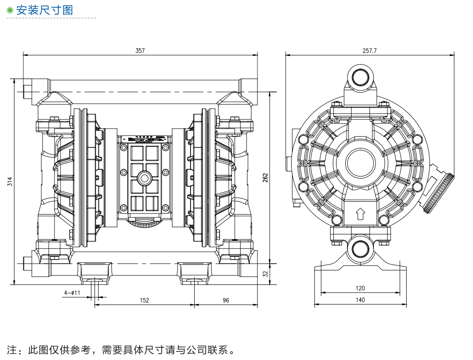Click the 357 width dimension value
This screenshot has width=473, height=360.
pyautogui.click(x=140, y=50)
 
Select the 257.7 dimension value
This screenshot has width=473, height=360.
pyautogui.click(x=369, y=50)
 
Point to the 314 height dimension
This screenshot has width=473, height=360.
pyautogui.click(x=10, y=182)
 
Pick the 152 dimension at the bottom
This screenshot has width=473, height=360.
pyautogui.click(x=144, y=300)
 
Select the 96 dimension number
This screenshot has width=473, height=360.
pyautogui.click(x=226, y=300)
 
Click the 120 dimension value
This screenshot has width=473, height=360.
pyautogui.click(x=360, y=288)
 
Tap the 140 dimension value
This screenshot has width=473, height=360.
pyautogui.click(x=360, y=300)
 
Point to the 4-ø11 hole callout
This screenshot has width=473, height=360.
pyautogui.click(x=72, y=293)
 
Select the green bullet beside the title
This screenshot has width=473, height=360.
pyautogui.click(x=10, y=10)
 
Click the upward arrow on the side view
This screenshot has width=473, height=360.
pyautogui.click(x=360, y=213)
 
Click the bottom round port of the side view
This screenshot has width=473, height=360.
pyautogui.click(x=361, y=248)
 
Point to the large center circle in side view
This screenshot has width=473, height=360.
pyautogui.click(x=361, y=163)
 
